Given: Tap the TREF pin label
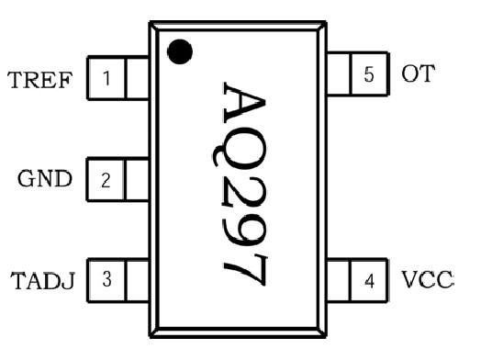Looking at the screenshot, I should click(39, 79).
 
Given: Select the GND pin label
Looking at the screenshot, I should click(44, 179).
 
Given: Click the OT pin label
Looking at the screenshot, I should click(417, 74).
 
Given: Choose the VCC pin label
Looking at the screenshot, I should click(428, 279).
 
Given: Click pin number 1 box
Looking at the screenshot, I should click(106, 79).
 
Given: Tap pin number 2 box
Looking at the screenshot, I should click(106, 180).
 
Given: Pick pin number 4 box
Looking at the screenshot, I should click(369, 280).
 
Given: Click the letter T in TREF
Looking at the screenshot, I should click(16, 79).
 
